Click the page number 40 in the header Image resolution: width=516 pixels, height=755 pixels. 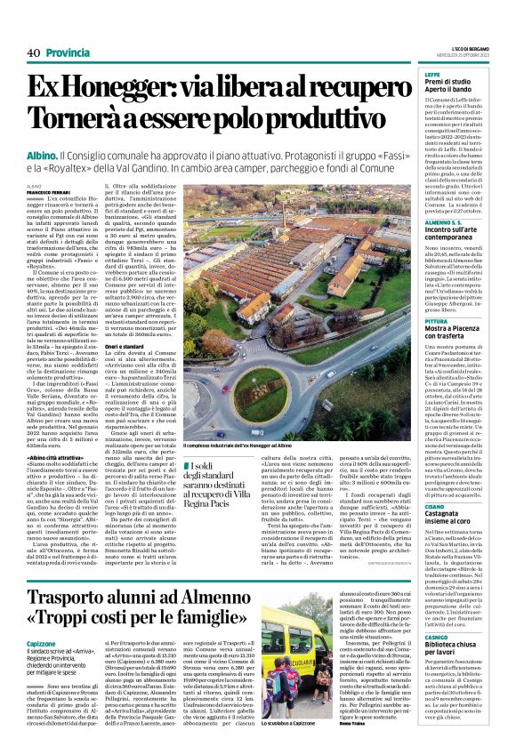click(35, 53)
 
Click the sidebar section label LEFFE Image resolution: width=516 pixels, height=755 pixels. click(432, 75)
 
